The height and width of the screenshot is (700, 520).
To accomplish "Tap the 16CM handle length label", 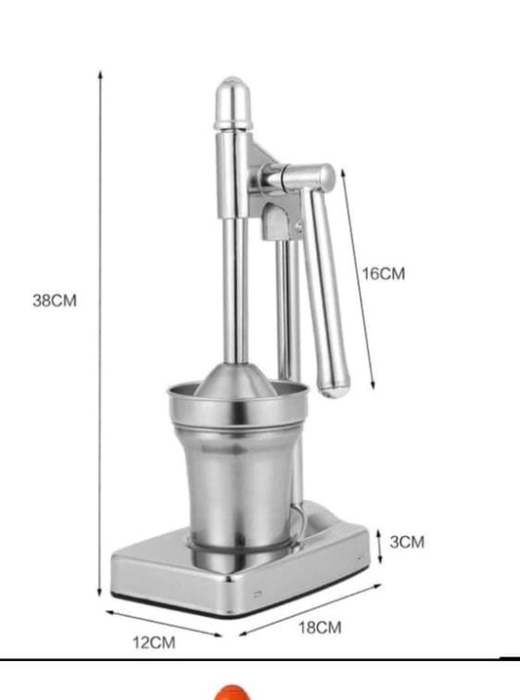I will [x=383, y=274].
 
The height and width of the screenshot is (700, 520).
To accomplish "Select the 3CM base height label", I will [x=407, y=542].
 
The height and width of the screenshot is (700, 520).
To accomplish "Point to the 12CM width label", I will [x=155, y=642].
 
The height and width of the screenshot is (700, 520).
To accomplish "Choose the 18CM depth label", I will [x=319, y=628].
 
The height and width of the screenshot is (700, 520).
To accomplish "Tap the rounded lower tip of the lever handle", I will [x=335, y=385].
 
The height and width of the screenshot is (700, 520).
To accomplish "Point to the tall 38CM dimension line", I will [x=100, y=332].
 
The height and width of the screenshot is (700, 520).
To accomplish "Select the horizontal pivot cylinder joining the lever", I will [x=299, y=179].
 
